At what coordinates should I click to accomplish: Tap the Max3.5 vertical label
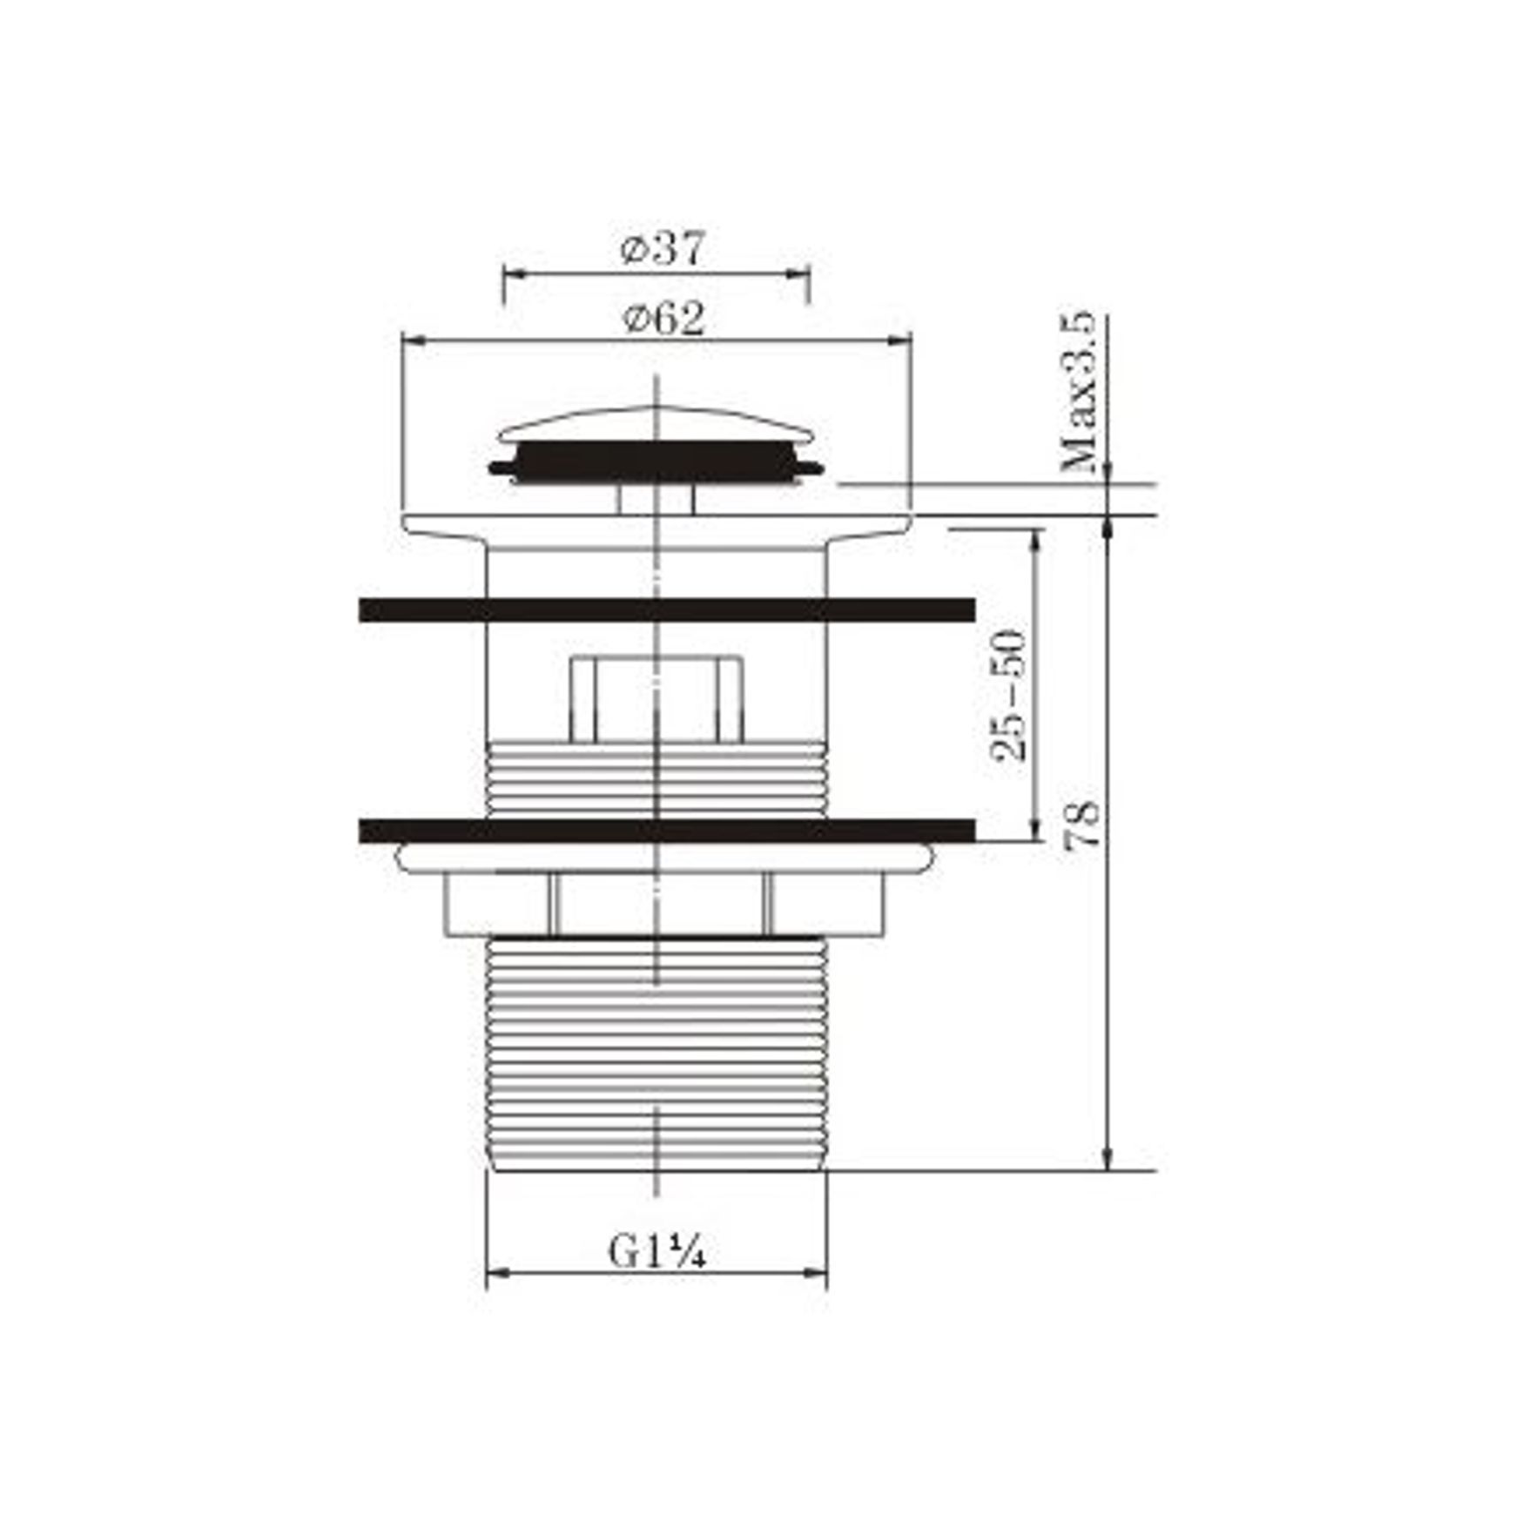1080,393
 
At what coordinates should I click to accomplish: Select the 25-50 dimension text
1009,696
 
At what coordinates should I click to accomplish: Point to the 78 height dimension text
1084,825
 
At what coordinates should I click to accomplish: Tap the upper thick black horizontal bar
666,610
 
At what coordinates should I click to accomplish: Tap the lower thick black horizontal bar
666,832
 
